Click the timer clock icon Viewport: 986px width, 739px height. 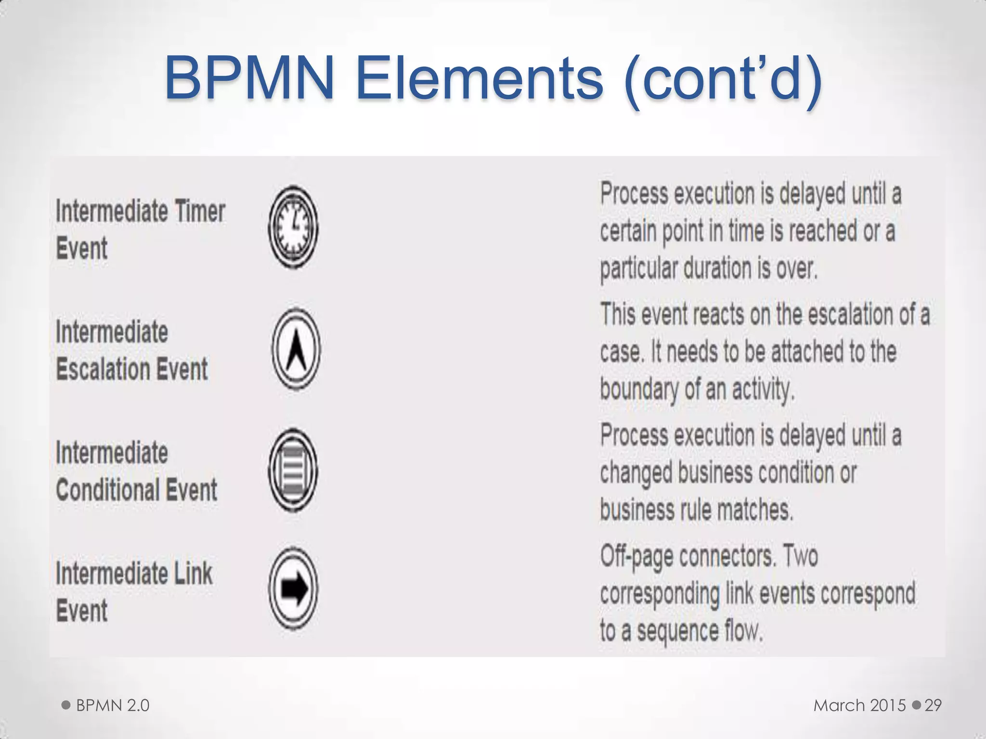[x=293, y=227]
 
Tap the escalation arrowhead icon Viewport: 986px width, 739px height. [x=296, y=348]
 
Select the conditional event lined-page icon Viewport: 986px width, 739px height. [x=293, y=470]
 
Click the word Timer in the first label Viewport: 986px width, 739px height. [x=200, y=211]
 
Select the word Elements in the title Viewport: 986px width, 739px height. [x=480, y=78]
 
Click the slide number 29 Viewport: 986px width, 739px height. [x=933, y=705]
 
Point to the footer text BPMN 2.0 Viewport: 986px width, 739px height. [x=113, y=705]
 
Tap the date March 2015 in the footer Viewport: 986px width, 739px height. [x=860, y=705]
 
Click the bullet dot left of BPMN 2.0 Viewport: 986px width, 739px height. [x=66, y=705]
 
